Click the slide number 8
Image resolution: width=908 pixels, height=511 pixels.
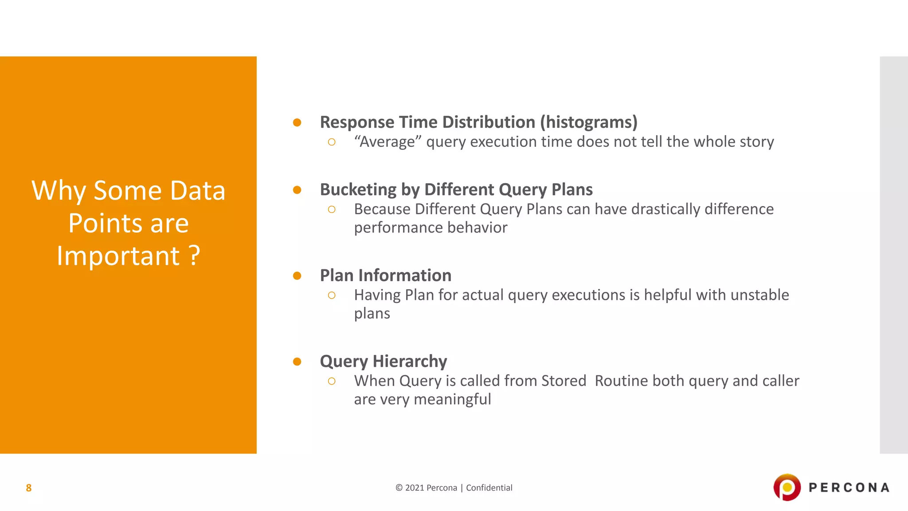29,488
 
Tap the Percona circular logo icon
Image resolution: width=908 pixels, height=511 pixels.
787,487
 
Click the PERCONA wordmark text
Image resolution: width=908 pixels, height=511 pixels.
849,488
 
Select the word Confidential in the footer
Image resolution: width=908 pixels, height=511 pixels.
489,488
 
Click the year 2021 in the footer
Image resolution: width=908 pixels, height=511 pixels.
415,488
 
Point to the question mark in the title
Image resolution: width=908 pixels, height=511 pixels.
194,256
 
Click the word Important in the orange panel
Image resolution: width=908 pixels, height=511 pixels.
118,256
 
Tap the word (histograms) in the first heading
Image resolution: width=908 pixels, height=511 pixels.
588,122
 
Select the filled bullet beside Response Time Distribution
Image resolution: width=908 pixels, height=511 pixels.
297,122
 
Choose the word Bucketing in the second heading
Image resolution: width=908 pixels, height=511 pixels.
358,190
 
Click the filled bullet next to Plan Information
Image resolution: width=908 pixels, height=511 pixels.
297,276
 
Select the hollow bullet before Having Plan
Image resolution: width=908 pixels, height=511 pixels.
332,295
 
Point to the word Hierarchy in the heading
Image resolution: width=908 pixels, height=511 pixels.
410,362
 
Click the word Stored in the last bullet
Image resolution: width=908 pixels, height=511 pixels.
564,381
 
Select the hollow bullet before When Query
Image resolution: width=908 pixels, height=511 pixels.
332,381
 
